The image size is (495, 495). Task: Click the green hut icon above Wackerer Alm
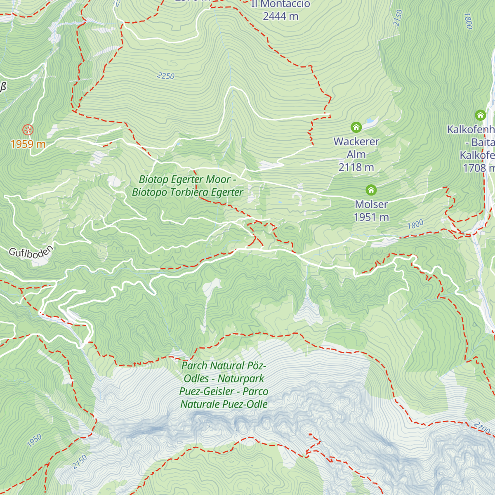pyautogui.click(x=356, y=127)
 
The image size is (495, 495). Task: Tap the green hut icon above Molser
pyautogui.click(x=371, y=190)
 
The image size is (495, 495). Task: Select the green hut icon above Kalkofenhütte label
pyautogui.click(x=480, y=115)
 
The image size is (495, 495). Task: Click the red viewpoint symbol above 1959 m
pyautogui.click(x=28, y=130)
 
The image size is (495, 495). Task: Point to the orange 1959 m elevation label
pyautogui.click(x=28, y=144)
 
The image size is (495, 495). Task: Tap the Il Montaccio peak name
pyautogui.click(x=280, y=4)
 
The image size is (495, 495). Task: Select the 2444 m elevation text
pyautogui.click(x=280, y=16)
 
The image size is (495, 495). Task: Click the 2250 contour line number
pyautogui.click(x=166, y=76)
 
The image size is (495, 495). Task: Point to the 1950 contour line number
pyautogui.click(x=35, y=440)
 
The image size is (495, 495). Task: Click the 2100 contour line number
pyautogui.click(x=481, y=427)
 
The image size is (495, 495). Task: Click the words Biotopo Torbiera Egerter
pyautogui.click(x=188, y=192)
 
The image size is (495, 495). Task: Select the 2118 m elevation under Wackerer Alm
pyautogui.click(x=356, y=167)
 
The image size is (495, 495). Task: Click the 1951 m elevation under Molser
pyautogui.click(x=371, y=217)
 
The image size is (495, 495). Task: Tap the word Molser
pyautogui.click(x=371, y=204)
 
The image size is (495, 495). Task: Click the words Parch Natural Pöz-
pyautogui.click(x=224, y=365)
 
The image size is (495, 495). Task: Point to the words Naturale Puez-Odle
pyautogui.click(x=224, y=404)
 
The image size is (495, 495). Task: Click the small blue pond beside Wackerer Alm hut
pyautogui.click(x=370, y=121)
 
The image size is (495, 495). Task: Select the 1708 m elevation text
pyautogui.click(x=478, y=168)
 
